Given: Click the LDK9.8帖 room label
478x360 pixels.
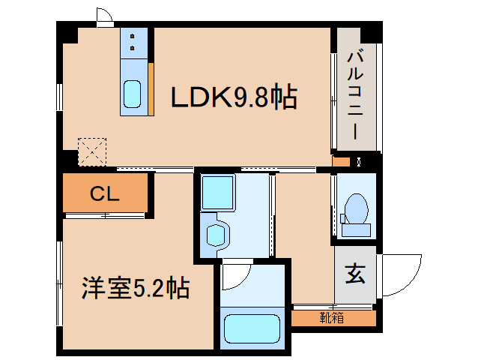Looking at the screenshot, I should [x=234, y=97].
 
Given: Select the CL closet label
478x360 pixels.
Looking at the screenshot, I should [x=105, y=194].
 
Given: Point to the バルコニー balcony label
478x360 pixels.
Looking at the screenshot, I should [x=356, y=94].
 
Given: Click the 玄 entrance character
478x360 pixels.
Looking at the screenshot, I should [x=355, y=275].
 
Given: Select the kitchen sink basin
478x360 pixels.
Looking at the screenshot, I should [x=133, y=94].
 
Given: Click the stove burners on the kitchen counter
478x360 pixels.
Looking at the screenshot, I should [x=133, y=40].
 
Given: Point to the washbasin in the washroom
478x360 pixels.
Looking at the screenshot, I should [x=216, y=234].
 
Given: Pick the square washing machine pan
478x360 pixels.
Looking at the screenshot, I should [x=217, y=192].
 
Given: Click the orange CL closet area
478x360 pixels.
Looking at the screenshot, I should [x=105, y=193].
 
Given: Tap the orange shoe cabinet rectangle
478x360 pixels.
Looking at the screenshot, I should [x=333, y=318].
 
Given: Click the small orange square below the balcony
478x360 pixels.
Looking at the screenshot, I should [x=340, y=161].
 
